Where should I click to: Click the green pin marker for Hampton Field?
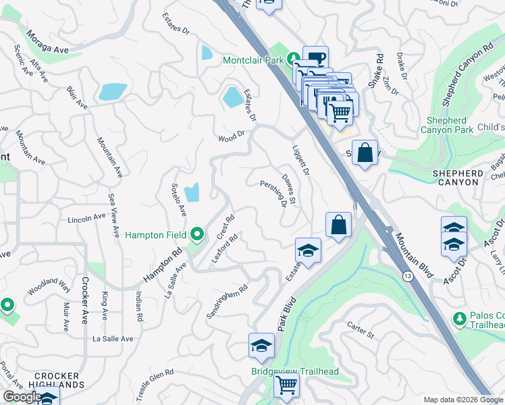[197, 235]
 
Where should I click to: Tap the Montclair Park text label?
[253, 60]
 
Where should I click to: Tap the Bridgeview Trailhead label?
[294, 372]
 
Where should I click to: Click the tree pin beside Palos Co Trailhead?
[460, 317]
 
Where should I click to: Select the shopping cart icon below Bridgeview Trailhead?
[287, 385]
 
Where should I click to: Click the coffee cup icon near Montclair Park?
[315, 57]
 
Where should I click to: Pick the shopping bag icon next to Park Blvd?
[339, 225]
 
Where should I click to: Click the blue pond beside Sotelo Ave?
[192, 193]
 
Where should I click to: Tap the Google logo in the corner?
[22, 397]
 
